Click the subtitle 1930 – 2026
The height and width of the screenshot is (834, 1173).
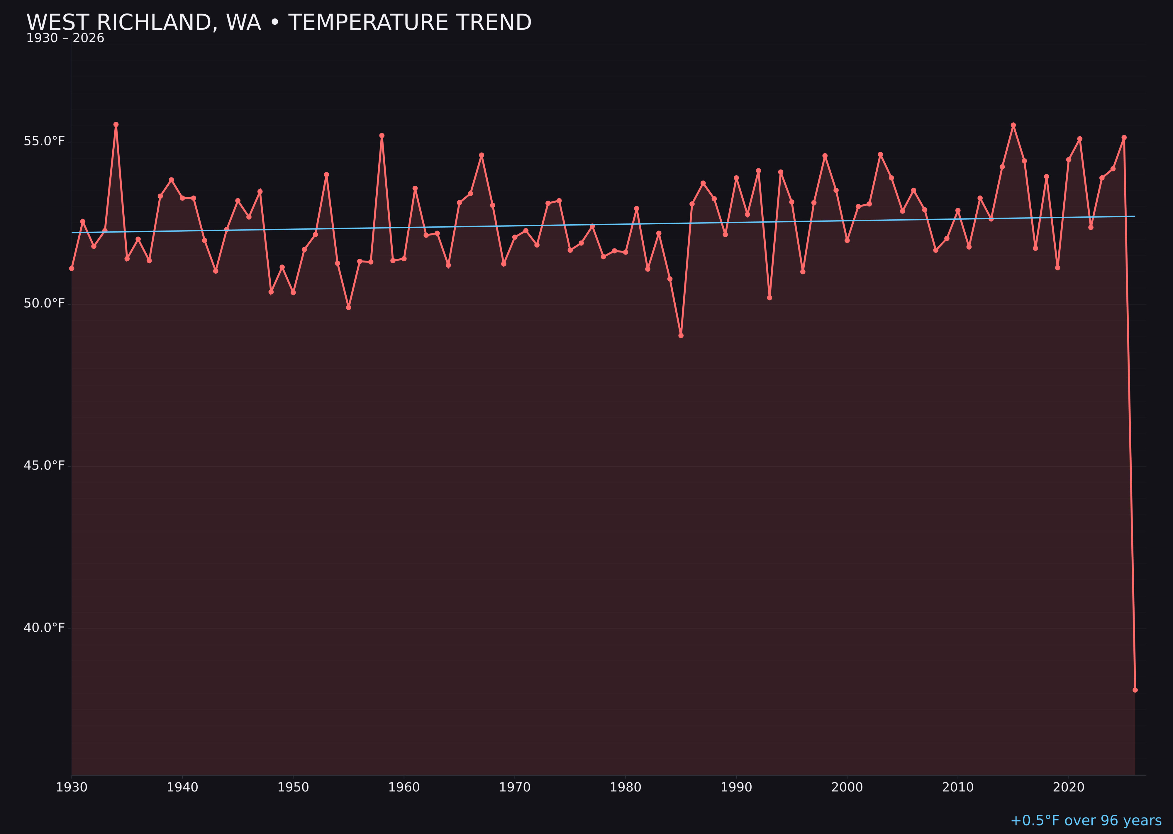(65, 38)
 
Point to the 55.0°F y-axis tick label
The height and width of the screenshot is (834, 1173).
(44, 141)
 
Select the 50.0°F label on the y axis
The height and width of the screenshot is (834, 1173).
(44, 304)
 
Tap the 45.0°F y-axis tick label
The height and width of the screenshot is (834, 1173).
(44, 466)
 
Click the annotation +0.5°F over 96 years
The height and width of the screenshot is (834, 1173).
(1086, 821)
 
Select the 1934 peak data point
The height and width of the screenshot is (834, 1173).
(116, 124)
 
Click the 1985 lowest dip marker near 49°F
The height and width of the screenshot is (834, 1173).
(681, 335)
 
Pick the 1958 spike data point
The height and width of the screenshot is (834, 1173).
(382, 135)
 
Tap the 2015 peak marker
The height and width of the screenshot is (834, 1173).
(1013, 125)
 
